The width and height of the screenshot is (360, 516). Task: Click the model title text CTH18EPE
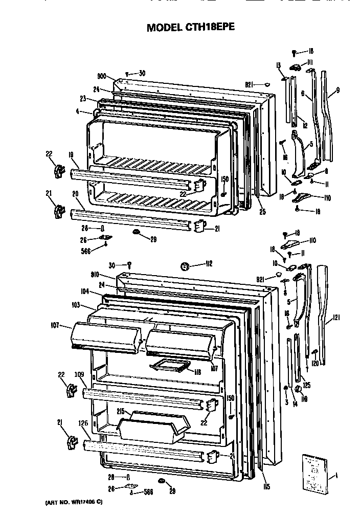pos(191,28)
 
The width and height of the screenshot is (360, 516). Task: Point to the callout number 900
pos(102,77)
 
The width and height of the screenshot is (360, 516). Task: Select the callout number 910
pos(109,275)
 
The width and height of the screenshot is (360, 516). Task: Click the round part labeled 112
pos(185,265)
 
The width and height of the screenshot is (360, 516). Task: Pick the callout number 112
pos(208,264)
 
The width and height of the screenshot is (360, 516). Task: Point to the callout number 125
pos(307,385)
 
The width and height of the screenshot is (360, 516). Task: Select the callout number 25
pos(262,212)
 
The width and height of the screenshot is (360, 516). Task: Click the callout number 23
pos(83,99)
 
